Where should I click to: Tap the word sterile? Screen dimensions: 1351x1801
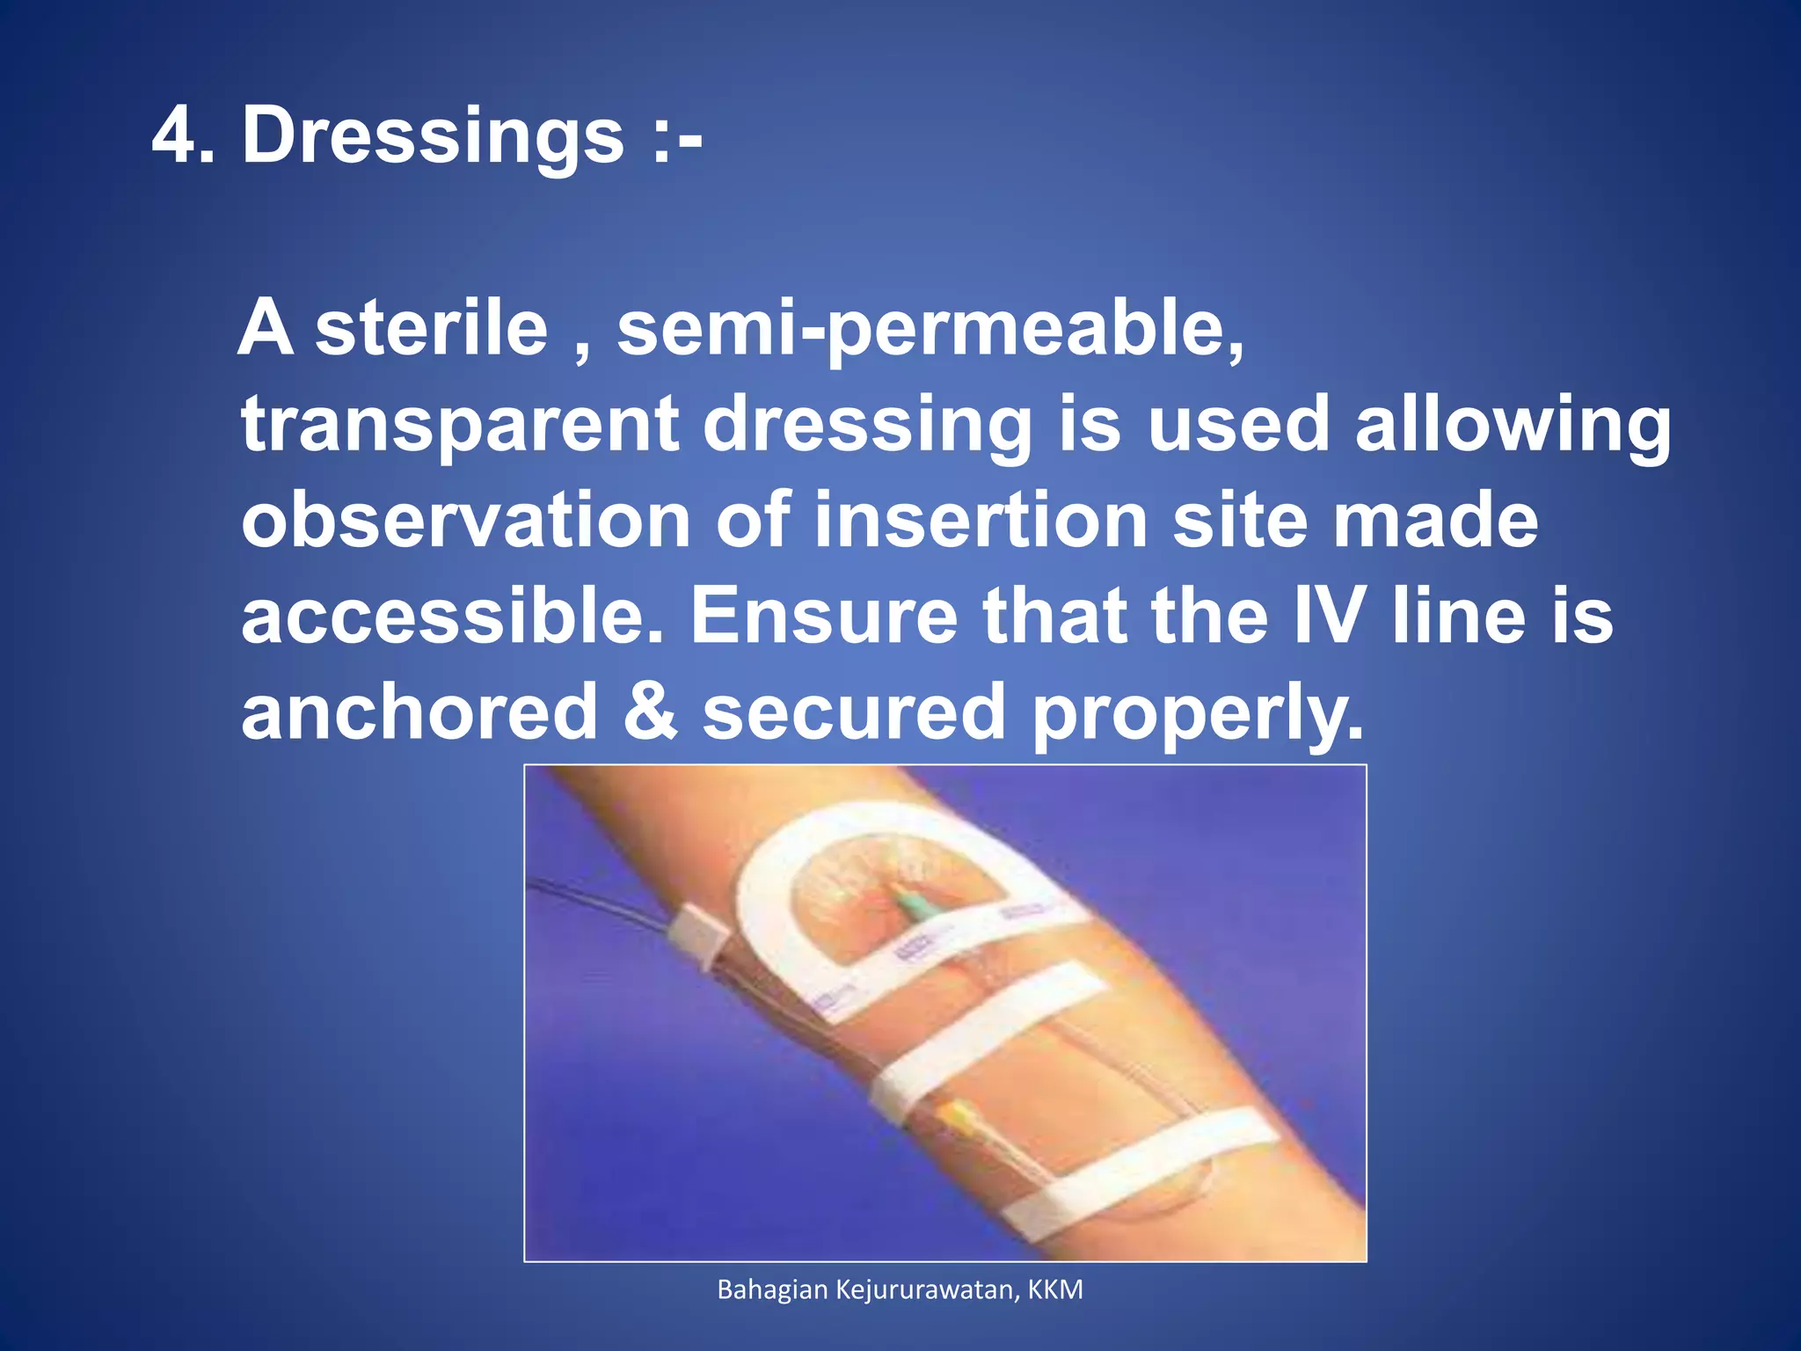click(x=431, y=328)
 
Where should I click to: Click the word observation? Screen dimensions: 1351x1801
click(x=466, y=521)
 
